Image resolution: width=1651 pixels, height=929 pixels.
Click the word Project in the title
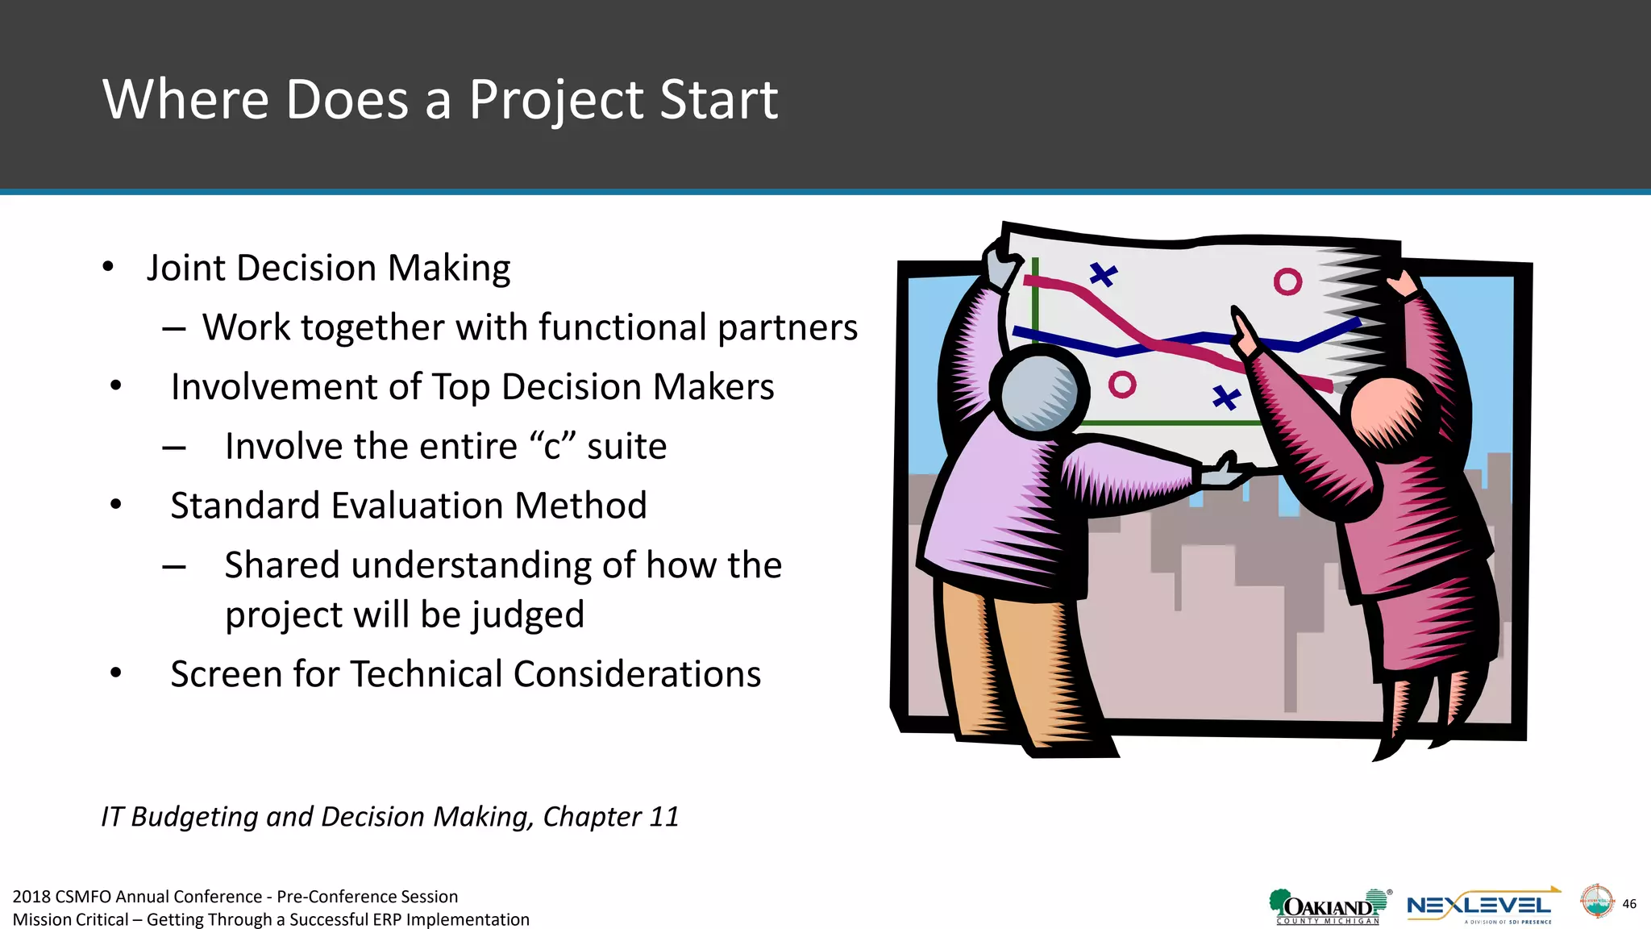[x=556, y=100]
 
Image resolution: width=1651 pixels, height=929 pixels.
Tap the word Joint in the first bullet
[x=185, y=268]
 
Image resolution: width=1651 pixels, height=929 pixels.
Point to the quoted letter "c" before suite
[x=552, y=446]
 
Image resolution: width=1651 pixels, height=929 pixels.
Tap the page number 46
[x=1629, y=904]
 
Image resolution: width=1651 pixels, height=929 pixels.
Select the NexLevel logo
[x=1482, y=907]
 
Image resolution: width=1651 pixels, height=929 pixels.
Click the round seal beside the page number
[x=1596, y=901]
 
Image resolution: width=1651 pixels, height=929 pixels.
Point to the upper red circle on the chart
[x=1287, y=281]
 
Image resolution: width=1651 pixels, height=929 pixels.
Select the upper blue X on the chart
[x=1103, y=275]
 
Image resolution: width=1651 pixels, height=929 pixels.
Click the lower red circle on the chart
[x=1121, y=385]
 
